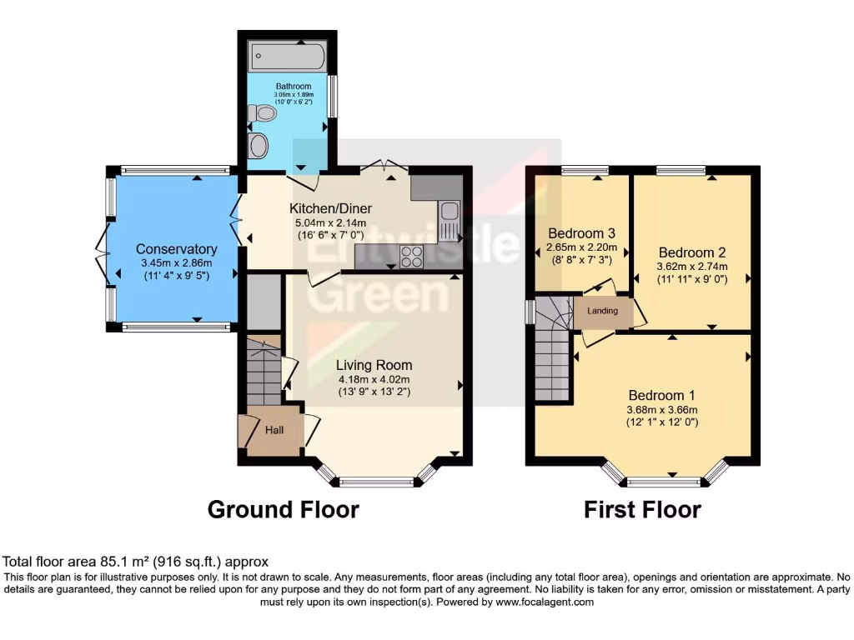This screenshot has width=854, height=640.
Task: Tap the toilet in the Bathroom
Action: click(x=264, y=112)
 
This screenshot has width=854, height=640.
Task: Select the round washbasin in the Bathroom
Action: click(x=259, y=146)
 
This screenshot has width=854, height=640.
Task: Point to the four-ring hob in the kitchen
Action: click(x=411, y=257)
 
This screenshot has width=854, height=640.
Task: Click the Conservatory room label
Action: click(x=176, y=249)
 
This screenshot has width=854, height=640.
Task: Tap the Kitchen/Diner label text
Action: click(x=330, y=208)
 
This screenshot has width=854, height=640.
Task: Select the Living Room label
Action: click(x=374, y=365)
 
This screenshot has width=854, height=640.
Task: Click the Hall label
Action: click(x=275, y=430)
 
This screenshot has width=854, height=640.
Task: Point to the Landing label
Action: click(x=602, y=311)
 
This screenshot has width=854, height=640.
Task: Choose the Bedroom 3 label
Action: click(x=581, y=232)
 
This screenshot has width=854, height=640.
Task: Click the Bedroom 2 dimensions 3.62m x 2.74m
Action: click(x=692, y=267)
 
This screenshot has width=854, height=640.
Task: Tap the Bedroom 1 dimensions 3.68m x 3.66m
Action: click(x=662, y=409)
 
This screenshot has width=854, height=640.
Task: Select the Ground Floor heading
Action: click(x=283, y=509)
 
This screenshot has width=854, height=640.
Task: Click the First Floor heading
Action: click(x=642, y=509)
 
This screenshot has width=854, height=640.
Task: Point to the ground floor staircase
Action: click(x=263, y=375)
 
